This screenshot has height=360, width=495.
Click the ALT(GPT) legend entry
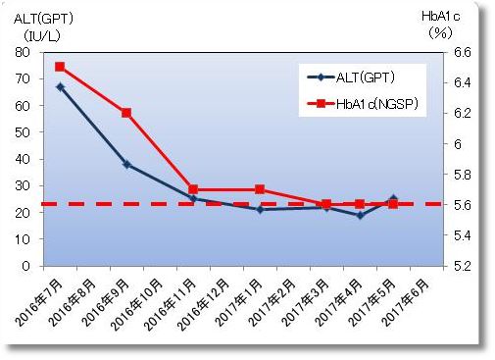365,77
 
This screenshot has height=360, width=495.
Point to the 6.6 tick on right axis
460,52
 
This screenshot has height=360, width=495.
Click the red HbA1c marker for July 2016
60,67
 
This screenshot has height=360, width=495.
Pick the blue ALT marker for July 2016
60,86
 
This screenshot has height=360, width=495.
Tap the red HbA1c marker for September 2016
126,113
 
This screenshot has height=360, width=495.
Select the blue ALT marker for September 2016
126,164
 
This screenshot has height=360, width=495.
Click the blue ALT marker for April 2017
360,215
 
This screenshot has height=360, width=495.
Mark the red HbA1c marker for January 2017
260,189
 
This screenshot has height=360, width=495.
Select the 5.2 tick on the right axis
460,266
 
